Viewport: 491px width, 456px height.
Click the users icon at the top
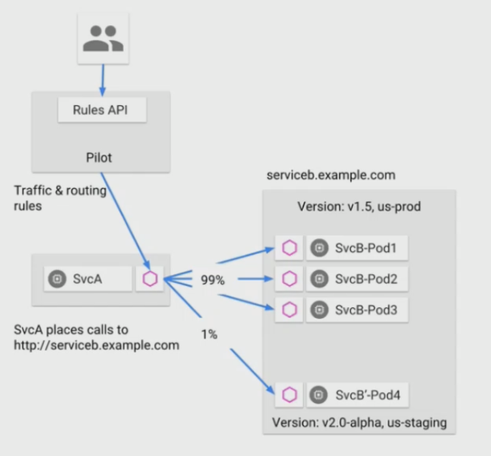click(102, 38)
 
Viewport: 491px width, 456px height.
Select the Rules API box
click(102, 111)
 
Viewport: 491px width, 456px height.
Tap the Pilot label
click(100, 156)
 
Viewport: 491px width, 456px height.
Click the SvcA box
click(88, 278)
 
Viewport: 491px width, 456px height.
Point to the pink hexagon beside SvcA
click(150, 278)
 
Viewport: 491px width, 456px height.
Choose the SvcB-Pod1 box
click(357, 248)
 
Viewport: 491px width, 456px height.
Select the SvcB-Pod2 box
click(357, 279)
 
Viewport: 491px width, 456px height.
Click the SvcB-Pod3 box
click(357, 310)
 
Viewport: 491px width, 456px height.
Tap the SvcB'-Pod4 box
click(358, 395)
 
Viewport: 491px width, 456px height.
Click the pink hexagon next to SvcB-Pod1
click(289, 248)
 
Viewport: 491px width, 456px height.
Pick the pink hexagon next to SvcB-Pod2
click(289, 279)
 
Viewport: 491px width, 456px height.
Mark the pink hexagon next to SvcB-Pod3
click(289, 310)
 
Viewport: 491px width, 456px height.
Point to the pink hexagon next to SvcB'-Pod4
click(289, 395)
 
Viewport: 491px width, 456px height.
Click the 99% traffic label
click(212, 281)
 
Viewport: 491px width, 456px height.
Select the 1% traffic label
click(209, 334)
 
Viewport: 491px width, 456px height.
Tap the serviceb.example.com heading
click(331, 175)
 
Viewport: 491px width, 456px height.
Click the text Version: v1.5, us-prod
click(358, 206)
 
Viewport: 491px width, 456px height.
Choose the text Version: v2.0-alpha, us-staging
click(359, 423)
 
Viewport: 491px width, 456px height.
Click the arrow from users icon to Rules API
click(102, 77)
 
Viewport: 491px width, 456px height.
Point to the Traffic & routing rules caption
click(60, 198)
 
